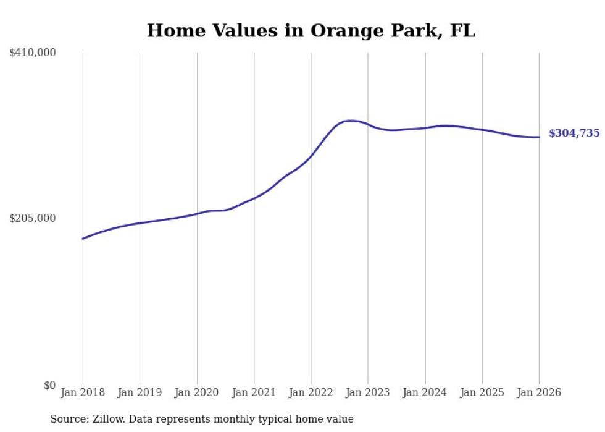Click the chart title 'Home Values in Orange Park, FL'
click(311, 31)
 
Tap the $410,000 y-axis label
click(33, 53)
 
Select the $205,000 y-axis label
click(33, 218)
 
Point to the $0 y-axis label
click(49, 385)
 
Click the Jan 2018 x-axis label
click(83, 393)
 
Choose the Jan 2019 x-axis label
click(140, 393)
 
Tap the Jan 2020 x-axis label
click(197, 393)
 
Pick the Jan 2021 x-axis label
click(254, 393)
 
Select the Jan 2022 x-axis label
click(311, 393)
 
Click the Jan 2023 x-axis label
click(368, 393)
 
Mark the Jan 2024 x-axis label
click(425, 393)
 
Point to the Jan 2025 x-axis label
click(482, 393)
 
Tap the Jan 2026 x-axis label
click(539, 393)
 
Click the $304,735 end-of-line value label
click(574, 133)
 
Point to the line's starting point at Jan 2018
click(83, 239)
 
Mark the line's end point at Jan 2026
click(539, 137)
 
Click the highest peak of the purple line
click(350, 121)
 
